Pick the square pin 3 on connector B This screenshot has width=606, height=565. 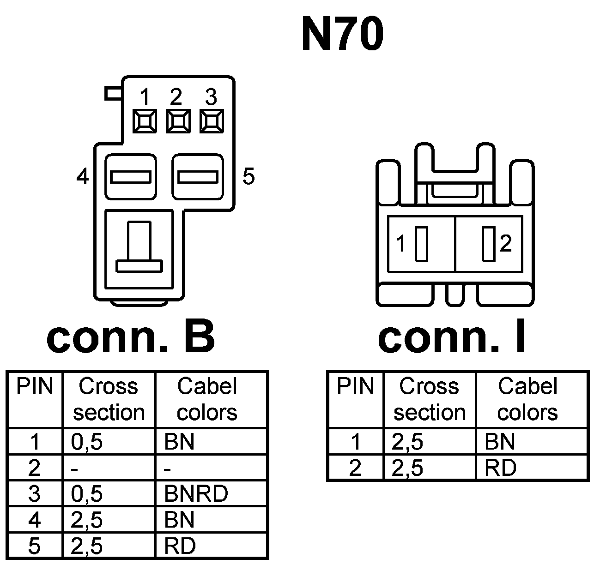212,121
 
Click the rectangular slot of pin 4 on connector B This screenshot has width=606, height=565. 131,177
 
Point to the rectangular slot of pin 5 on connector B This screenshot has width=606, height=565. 198,177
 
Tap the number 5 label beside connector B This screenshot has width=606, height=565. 248,176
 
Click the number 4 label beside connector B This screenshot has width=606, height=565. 82,176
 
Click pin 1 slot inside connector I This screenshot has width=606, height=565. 420,244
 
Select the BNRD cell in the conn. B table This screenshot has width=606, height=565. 196,493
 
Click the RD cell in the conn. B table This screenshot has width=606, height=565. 180,546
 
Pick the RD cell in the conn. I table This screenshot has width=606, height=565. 501,468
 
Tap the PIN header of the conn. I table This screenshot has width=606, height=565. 355,386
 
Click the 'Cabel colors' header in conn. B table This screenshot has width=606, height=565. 207,399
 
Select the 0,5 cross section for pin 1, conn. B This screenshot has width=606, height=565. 87,442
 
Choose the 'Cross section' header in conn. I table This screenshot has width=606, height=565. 429,399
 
